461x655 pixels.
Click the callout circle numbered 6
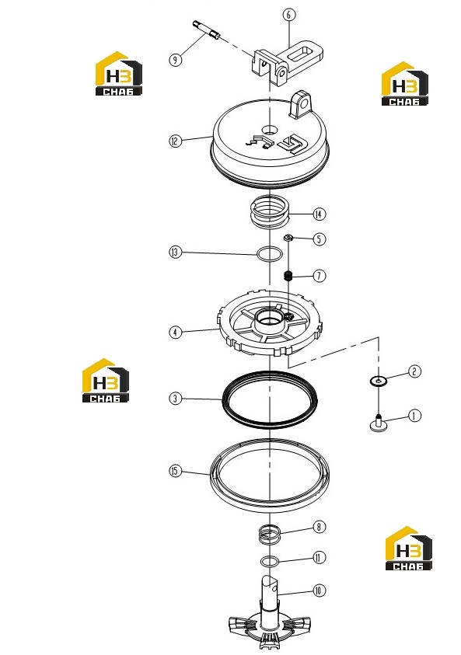tap(288, 15)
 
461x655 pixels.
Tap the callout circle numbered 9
tap(176, 60)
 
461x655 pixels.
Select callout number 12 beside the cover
tap(176, 141)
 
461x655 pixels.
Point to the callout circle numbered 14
tap(320, 214)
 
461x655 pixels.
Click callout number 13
tap(176, 253)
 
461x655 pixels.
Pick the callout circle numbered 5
tap(320, 239)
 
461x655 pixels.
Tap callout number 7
tap(320, 276)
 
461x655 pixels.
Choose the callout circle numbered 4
tap(176, 333)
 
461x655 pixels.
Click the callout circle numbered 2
tap(414, 371)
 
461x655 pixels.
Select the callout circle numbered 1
tap(414, 416)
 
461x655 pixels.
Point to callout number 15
tap(176, 471)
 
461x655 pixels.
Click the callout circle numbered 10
tap(320, 591)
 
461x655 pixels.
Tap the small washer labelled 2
tap(379, 381)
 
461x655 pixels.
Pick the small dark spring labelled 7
tap(288, 276)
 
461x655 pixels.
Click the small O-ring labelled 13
tap(269, 254)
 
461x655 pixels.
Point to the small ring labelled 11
tap(270, 562)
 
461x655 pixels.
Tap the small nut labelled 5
tap(288, 238)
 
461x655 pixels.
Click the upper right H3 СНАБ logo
tap(404, 84)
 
